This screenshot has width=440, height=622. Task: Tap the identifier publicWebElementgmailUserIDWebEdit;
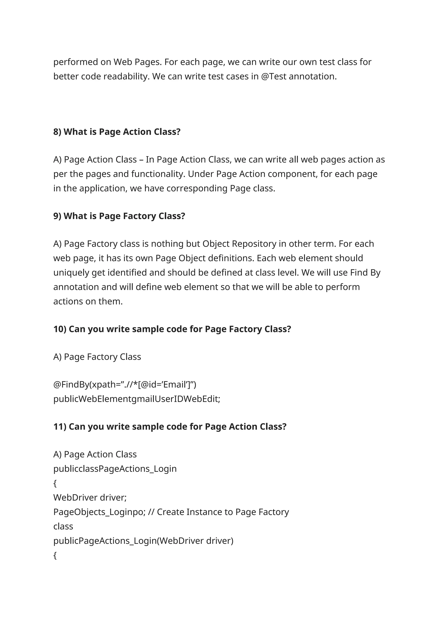(x=137, y=399)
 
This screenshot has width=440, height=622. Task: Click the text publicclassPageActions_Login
(x=115, y=469)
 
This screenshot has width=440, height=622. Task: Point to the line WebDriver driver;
(x=90, y=498)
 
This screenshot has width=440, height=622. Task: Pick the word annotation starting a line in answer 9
(x=76, y=287)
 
